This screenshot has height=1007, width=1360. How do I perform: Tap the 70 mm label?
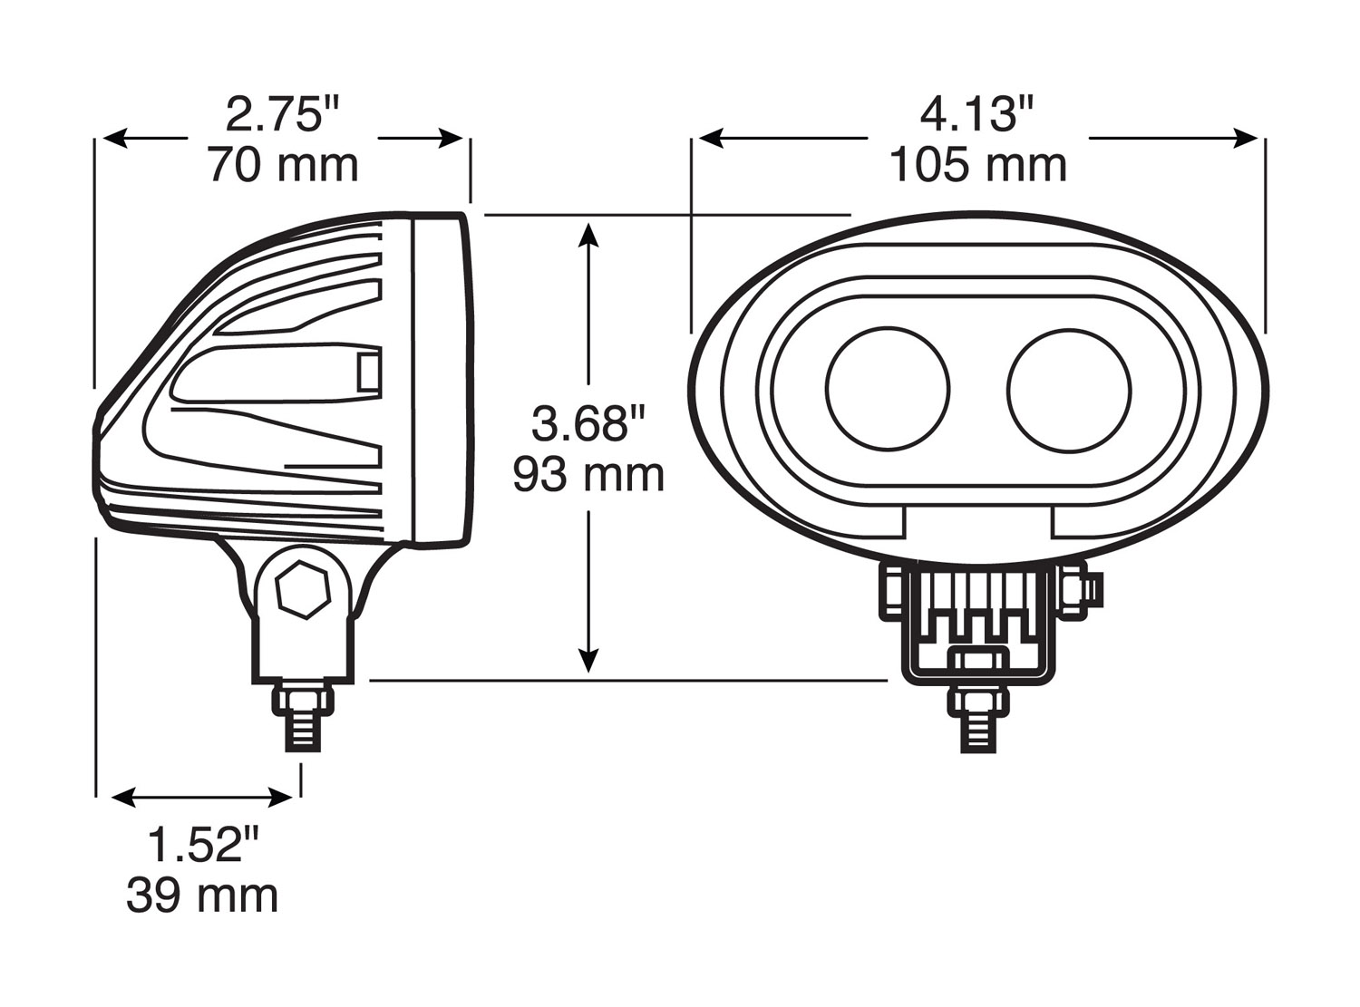[284, 166]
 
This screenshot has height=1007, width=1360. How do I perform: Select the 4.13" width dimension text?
[977, 114]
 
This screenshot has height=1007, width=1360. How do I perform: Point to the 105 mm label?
[978, 166]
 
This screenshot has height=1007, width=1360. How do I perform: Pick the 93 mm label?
[588, 476]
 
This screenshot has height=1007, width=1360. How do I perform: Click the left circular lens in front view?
[888, 389]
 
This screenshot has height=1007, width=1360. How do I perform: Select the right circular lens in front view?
[1069, 391]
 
